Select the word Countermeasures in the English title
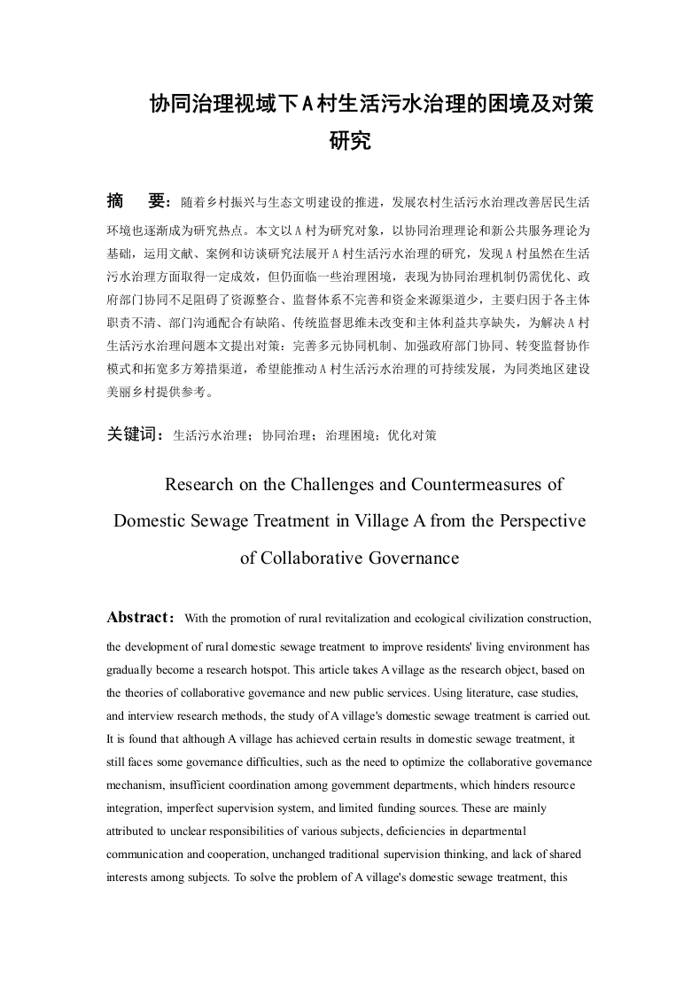(x=468, y=485)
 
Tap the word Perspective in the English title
(x=540, y=521)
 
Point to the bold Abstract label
(x=137, y=617)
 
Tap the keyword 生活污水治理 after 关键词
(x=209, y=436)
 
